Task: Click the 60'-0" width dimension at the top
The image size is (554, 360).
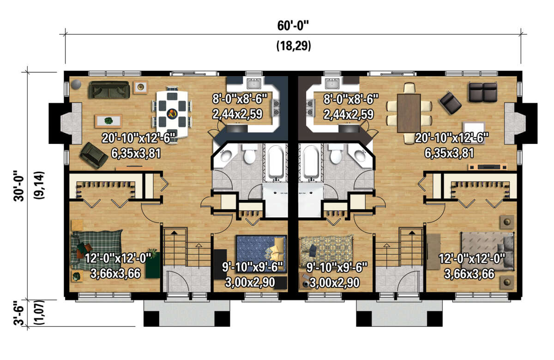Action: click(x=293, y=26)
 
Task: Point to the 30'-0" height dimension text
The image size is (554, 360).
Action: click(x=19, y=186)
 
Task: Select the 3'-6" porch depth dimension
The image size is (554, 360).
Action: click(x=19, y=313)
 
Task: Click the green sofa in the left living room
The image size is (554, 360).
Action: click(x=109, y=90)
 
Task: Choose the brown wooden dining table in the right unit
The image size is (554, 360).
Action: click(x=409, y=113)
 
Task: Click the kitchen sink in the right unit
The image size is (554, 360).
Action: click(x=332, y=84)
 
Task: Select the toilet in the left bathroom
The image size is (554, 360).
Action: click(x=250, y=154)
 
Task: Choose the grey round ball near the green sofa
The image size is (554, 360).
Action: click(x=76, y=84)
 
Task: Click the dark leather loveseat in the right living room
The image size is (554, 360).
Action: click(x=482, y=92)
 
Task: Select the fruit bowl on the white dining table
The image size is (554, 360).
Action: click(x=172, y=114)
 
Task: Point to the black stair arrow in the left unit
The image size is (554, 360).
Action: click(x=174, y=233)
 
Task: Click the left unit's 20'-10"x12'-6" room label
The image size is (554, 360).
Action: click(x=138, y=138)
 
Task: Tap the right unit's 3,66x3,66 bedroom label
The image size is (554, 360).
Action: click(x=469, y=274)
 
